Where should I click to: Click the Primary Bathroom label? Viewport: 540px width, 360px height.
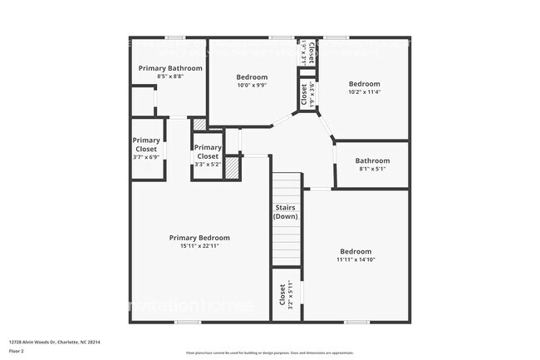pos(169,68)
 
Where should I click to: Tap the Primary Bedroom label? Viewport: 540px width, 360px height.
pos(199,238)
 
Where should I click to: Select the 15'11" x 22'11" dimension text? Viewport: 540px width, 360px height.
pos(199,246)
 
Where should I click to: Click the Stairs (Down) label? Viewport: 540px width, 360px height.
pos(285,212)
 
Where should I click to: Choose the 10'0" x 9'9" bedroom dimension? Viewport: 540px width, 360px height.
pos(252,85)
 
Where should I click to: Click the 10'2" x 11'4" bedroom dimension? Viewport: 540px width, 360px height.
pos(364,92)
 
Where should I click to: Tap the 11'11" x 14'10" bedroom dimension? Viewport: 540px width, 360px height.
pos(355,259)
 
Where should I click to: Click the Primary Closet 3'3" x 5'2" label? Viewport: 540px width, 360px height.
pos(207,155)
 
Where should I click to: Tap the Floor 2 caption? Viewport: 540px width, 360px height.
pos(17,351)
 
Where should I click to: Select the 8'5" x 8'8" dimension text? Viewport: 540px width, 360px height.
pos(169,76)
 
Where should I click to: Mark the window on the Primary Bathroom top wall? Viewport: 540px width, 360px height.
pos(174,37)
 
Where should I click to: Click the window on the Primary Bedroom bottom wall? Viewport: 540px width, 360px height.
pos(188,322)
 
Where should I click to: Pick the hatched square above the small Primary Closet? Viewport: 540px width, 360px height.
pos(199,124)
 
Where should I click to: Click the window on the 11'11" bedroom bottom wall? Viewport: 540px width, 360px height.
pos(356,322)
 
